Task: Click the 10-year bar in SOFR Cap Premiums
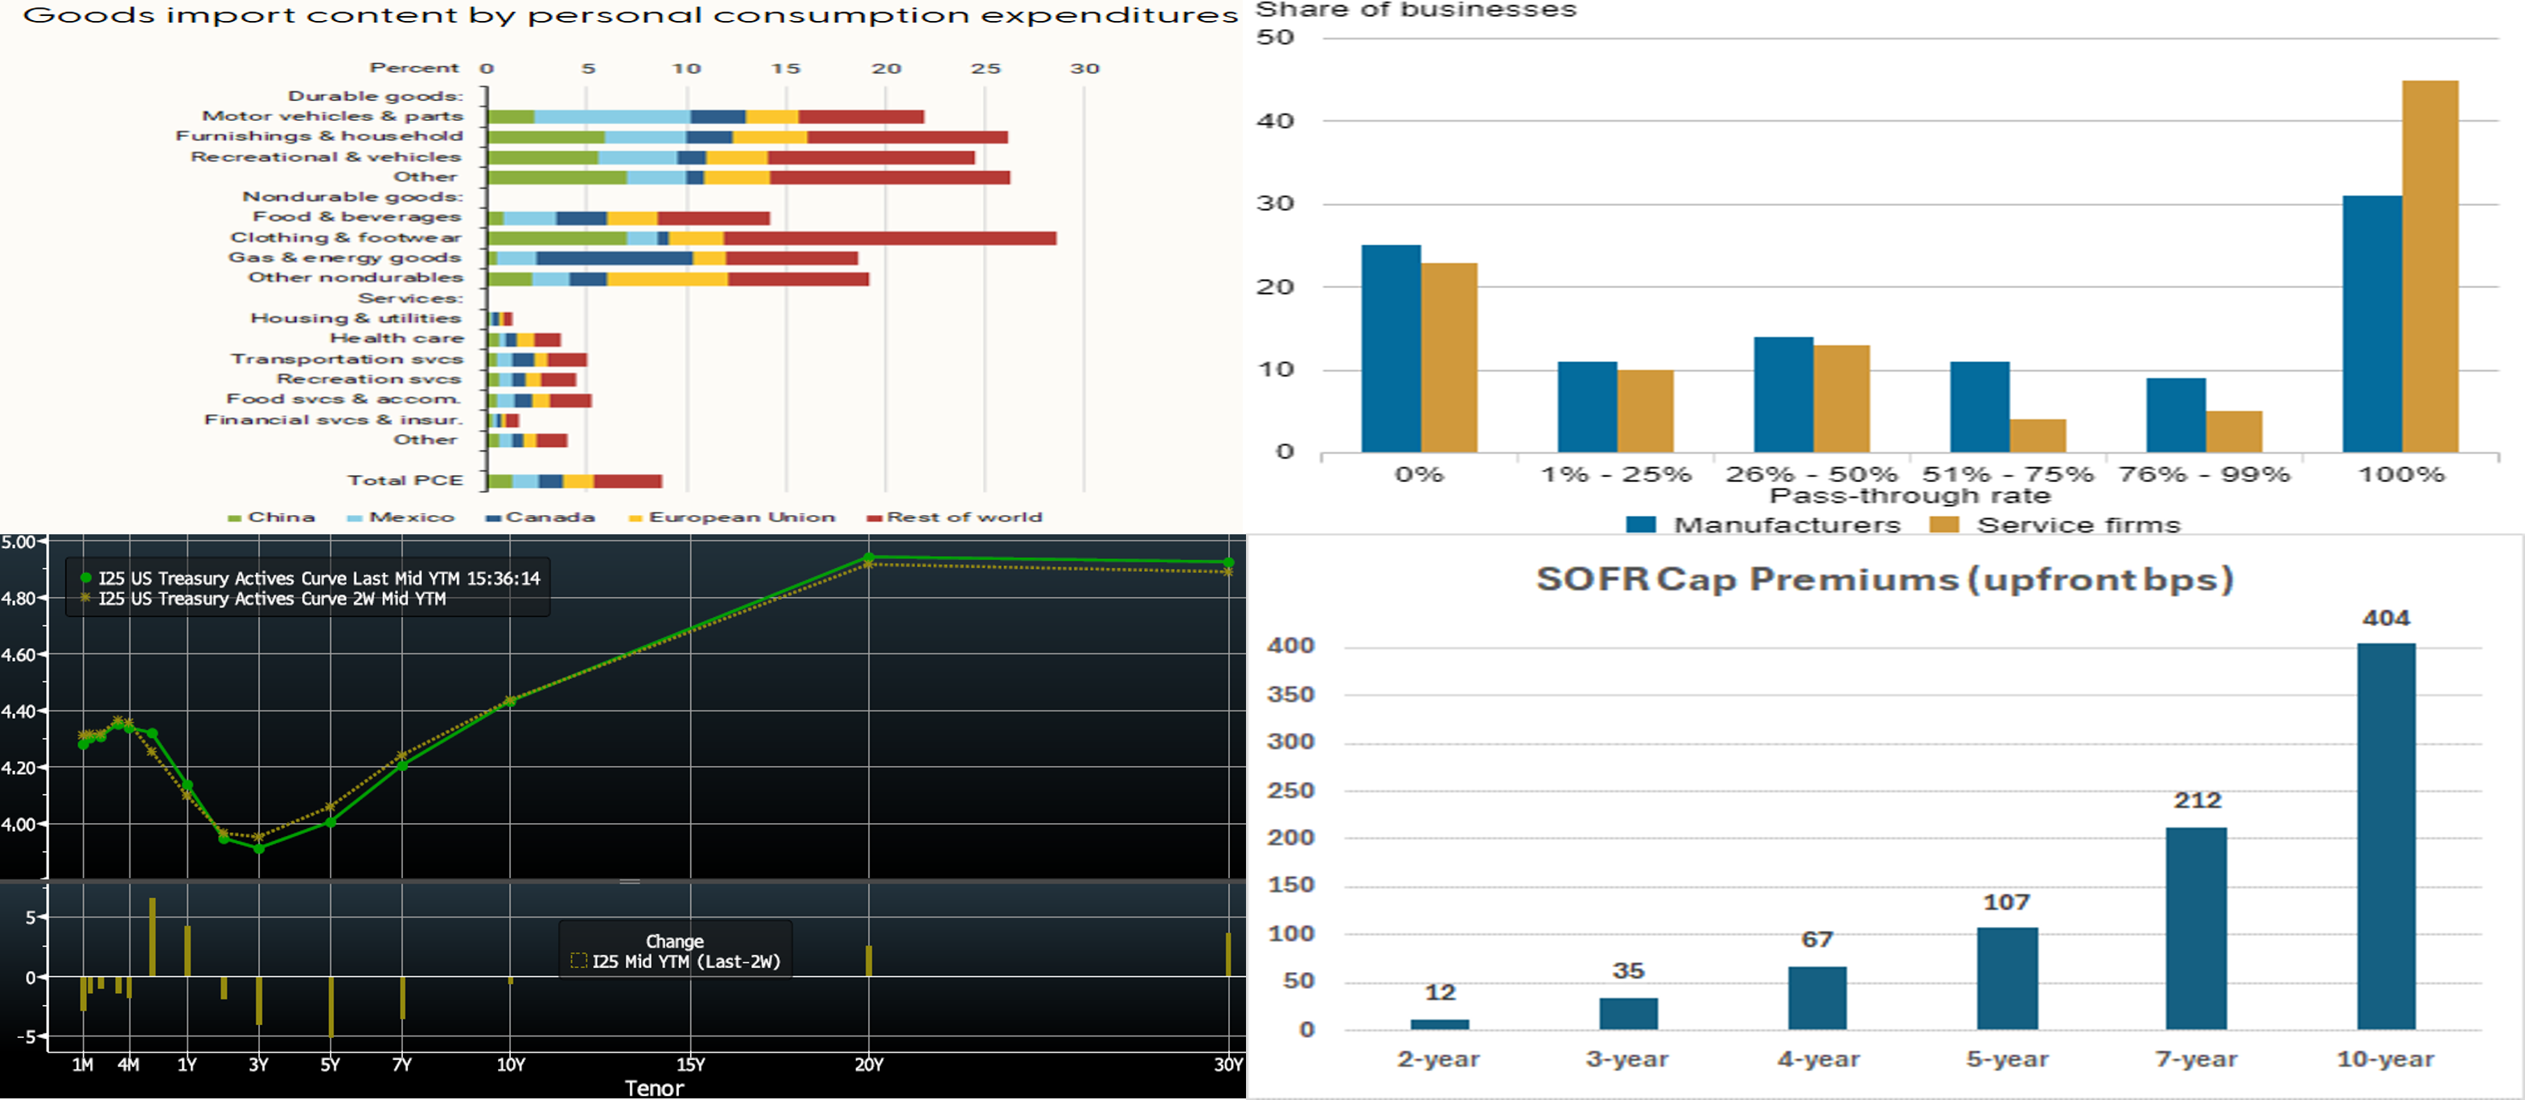2386,836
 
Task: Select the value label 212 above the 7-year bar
2197,800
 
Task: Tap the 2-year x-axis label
1438,1059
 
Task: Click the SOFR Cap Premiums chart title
1884,579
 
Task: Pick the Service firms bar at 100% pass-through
2430,266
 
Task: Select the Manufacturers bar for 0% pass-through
1391,349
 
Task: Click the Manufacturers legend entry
1762,525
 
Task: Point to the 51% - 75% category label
2008,475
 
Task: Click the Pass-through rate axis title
1910,496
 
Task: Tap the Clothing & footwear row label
345,237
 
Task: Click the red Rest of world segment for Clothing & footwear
890,238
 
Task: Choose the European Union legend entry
732,517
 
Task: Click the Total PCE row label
405,480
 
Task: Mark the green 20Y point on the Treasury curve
869,557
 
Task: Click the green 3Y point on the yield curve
259,848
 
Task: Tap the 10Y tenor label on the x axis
511,1065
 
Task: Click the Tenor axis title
654,1088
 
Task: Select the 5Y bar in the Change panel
331,1007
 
